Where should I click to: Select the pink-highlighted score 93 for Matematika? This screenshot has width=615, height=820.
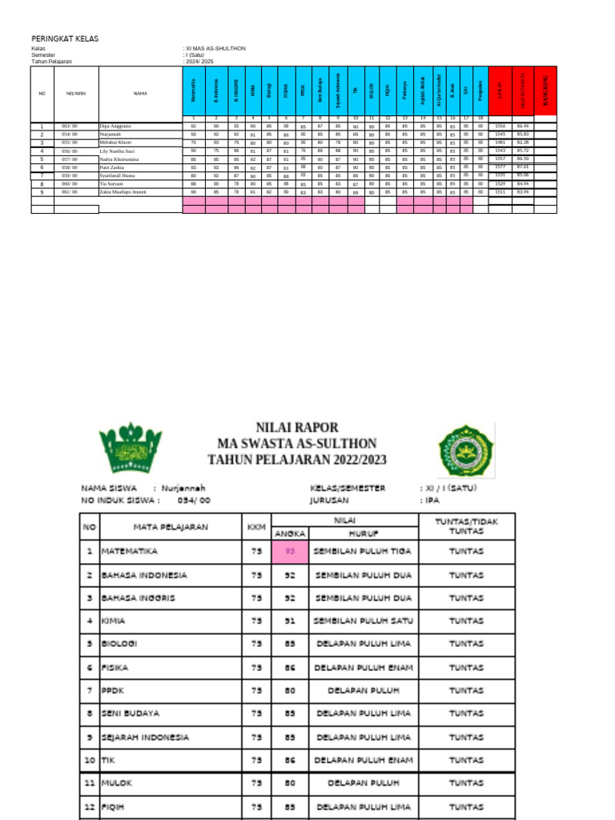(x=290, y=552)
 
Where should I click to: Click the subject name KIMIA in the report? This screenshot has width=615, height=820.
(x=114, y=621)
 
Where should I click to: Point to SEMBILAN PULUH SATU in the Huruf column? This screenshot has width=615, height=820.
(x=364, y=621)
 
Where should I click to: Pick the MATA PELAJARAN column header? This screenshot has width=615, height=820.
(x=171, y=527)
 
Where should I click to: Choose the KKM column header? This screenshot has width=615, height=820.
(x=256, y=527)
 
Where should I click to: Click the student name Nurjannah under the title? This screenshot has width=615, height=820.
(x=183, y=488)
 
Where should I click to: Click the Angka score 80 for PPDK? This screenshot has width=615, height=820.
(x=290, y=691)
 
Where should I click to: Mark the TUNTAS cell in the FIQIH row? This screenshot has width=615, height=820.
(x=465, y=807)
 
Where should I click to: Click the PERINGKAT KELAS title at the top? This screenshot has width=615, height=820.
(x=64, y=38)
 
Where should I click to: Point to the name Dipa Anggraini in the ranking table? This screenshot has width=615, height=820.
(x=116, y=127)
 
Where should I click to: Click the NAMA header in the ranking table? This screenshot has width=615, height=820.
(x=140, y=94)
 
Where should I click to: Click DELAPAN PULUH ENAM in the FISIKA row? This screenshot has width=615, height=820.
(x=364, y=667)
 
